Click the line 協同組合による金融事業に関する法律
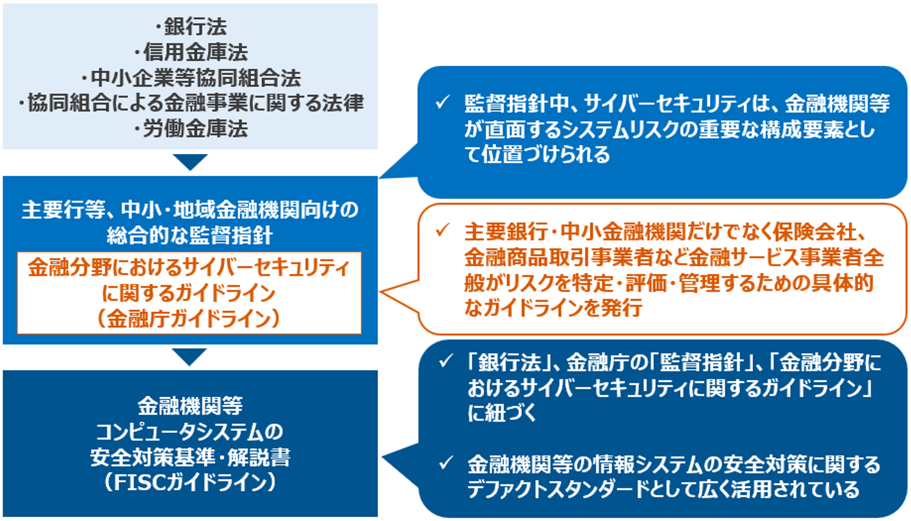tap(191, 104)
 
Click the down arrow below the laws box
tap(190, 162)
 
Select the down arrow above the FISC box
tap(190, 357)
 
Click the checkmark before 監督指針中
tap(440, 102)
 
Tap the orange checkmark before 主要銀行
tap(440, 230)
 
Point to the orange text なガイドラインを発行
tap(554, 309)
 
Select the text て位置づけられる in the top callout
tap(538, 154)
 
